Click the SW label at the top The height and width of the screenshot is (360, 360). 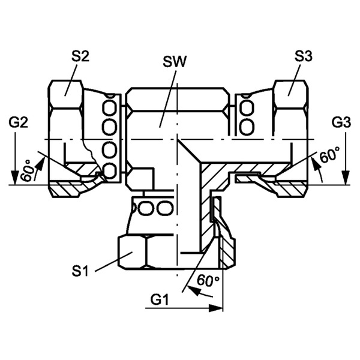[176, 62]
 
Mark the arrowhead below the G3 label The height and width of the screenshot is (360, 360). [344, 178]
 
